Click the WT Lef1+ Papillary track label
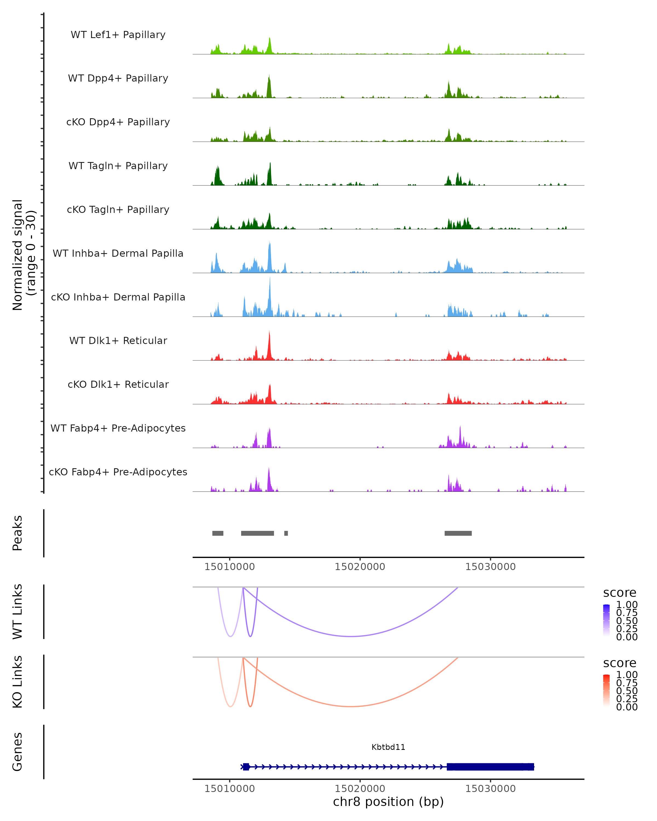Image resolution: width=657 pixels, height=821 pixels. (118, 35)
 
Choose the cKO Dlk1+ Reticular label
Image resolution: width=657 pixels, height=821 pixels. (118, 384)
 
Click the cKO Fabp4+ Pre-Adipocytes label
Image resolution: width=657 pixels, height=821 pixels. (118, 472)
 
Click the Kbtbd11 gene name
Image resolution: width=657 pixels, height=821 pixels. (388, 747)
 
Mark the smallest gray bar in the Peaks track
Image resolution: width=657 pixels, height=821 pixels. (286, 533)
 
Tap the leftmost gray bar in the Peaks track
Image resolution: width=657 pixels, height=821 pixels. (218, 533)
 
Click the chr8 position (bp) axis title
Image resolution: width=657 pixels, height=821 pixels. (388, 802)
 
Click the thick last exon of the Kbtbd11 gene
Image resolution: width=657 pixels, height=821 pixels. (490, 767)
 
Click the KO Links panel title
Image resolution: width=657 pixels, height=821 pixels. (18, 682)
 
